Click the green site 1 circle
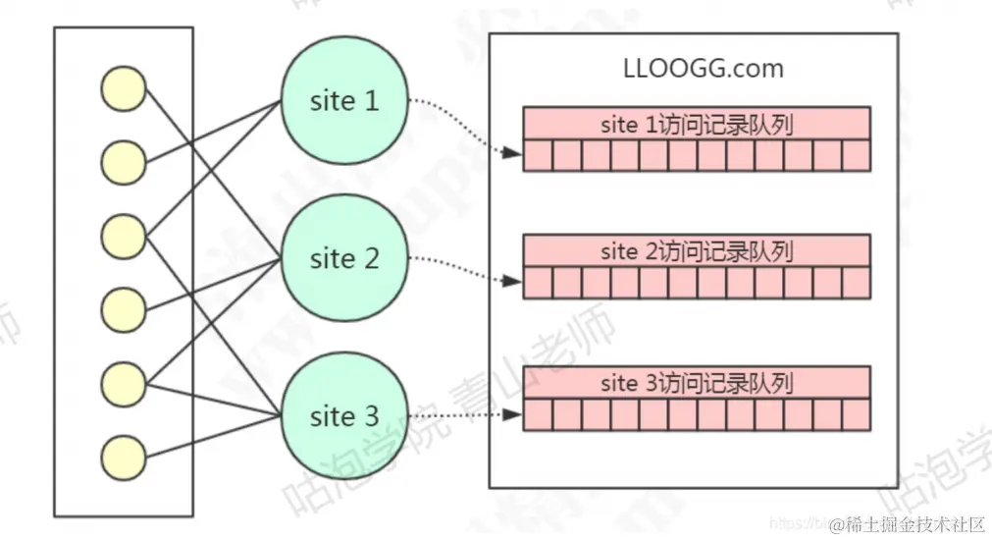(x=344, y=101)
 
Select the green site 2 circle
(x=344, y=259)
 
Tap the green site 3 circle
(x=344, y=416)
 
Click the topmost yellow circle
(x=124, y=89)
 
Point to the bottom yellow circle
(x=124, y=457)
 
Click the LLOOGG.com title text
(x=704, y=69)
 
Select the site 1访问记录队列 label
(x=697, y=125)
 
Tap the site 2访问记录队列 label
(x=697, y=252)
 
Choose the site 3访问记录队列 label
(x=697, y=383)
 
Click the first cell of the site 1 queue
(x=538, y=156)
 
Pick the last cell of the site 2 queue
(x=856, y=284)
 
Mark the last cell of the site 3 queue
(x=856, y=415)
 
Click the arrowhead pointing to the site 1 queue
(x=513, y=153)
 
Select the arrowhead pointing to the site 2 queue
(x=513, y=282)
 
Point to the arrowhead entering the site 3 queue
(x=513, y=414)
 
